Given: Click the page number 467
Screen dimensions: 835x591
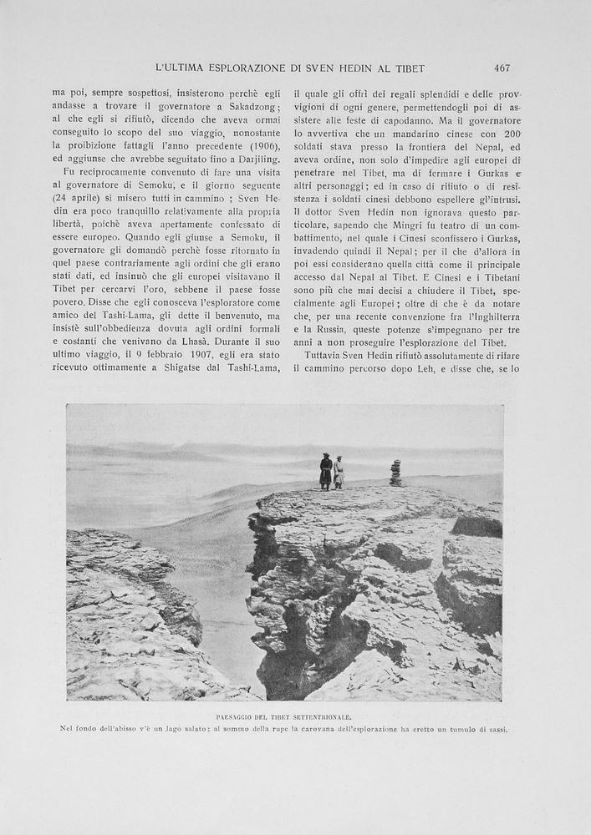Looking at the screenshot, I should coord(502,68).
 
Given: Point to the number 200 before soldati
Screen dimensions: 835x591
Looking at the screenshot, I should coord(512,134).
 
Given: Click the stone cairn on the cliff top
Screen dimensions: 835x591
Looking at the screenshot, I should coord(395,473).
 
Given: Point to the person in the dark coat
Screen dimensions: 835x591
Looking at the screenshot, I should coord(326,472).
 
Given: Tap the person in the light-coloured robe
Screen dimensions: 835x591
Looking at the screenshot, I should coord(339,473).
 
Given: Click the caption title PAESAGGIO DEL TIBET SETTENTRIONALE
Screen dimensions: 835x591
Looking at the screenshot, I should coord(283,717).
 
